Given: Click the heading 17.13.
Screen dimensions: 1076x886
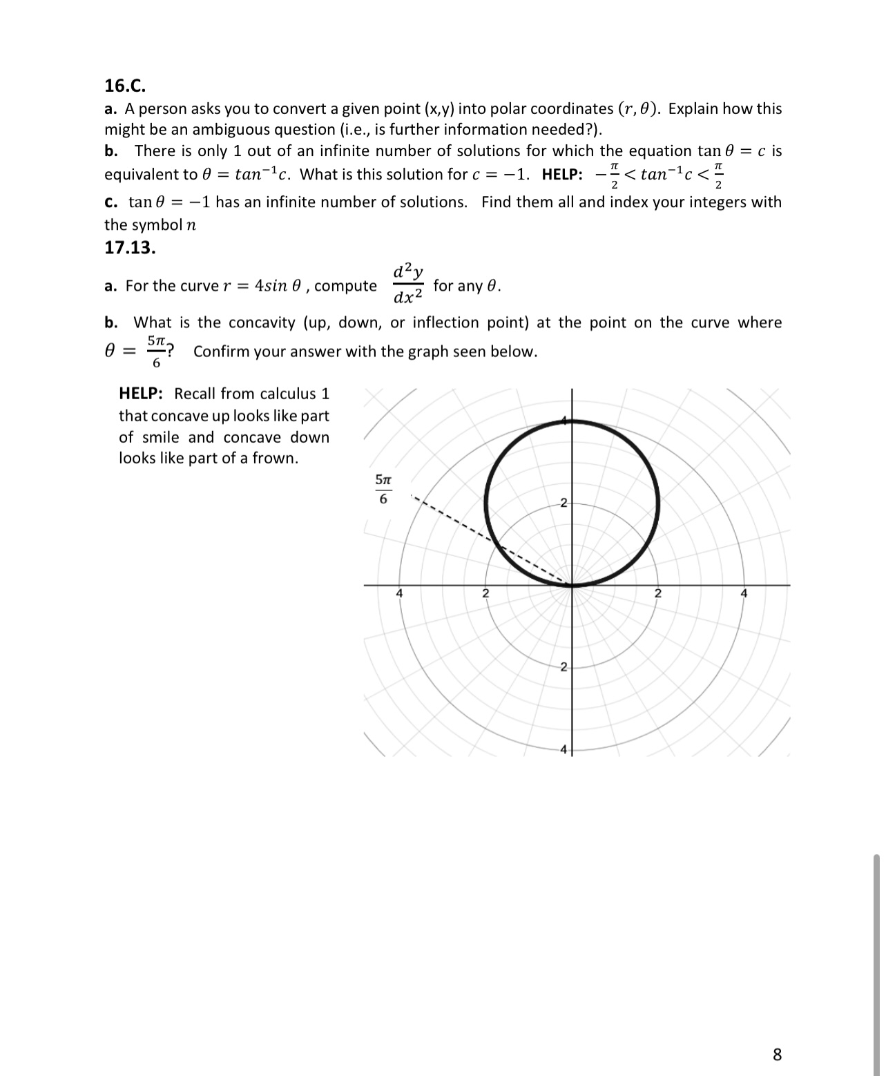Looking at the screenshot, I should click(x=130, y=247).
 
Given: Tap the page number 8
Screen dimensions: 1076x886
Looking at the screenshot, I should click(x=777, y=1055).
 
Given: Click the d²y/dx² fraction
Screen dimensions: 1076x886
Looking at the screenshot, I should click(x=408, y=284).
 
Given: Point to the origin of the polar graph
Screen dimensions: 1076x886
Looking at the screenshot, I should click(x=572, y=586).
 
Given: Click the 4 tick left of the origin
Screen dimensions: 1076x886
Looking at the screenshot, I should click(x=399, y=593).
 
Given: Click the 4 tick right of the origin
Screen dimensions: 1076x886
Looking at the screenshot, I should click(x=744, y=593).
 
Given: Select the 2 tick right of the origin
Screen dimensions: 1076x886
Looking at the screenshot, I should click(x=657, y=593).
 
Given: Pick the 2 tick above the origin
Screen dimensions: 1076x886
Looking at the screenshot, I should click(x=564, y=502).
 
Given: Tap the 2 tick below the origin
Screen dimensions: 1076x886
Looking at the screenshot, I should click(x=564, y=667).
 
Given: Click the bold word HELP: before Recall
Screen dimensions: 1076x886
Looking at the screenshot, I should click(x=141, y=394).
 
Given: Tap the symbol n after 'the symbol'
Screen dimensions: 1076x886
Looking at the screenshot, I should click(x=191, y=225).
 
